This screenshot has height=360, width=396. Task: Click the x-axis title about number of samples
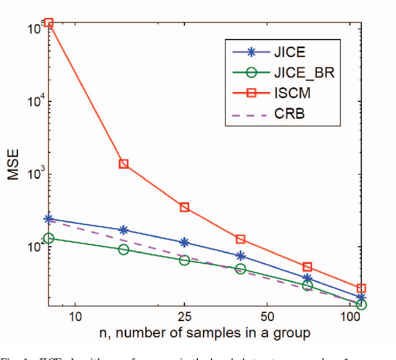click(x=205, y=333)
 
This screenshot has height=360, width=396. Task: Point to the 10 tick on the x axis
click(x=74, y=317)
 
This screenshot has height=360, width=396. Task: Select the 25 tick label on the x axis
click(x=184, y=317)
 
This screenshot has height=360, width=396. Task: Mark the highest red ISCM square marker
click(x=49, y=23)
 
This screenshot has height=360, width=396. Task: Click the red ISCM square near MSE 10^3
click(x=124, y=164)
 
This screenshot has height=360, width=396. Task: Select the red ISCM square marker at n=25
click(x=184, y=207)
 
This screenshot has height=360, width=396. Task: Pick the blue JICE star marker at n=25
click(x=184, y=242)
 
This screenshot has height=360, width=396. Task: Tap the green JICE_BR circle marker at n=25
click(x=184, y=260)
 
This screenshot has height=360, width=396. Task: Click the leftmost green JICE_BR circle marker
click(x=49, y=238)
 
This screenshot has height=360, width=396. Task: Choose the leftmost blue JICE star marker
click(x=49, y=219)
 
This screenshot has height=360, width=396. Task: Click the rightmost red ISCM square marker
click(x=361, y=288)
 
